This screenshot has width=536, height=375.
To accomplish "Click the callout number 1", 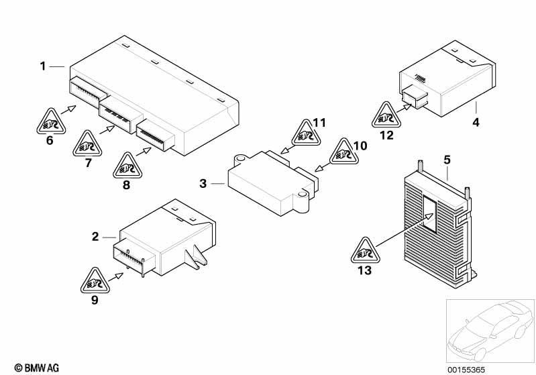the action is coord(43,66).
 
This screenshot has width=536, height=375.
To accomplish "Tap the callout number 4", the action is coord(476,122).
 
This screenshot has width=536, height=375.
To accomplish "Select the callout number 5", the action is coord(447,160).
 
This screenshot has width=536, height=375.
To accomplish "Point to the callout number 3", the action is coord(203,184).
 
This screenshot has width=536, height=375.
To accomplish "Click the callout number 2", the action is coord(95,237).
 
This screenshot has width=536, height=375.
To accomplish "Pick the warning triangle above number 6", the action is coord(51,121).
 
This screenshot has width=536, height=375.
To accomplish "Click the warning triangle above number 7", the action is coord(87,144).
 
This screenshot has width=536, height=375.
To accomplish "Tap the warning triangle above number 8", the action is coord(127,166).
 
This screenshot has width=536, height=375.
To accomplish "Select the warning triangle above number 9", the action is coord(95,280).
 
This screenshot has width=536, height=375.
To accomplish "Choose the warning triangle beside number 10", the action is coord(344,152).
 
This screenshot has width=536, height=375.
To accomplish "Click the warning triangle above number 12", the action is coord(386,115).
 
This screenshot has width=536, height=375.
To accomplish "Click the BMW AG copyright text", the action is coord(37,368).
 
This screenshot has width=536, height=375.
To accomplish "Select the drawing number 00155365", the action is coord(466,370).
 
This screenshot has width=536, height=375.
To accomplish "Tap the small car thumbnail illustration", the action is coord(490,331).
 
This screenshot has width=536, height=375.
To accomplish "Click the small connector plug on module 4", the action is coord(415,97).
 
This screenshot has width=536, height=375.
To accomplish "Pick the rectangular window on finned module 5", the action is coord(430,215).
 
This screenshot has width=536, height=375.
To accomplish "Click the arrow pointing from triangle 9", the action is coord(115,277).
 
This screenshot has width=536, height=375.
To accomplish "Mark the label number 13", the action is coord(364,270).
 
